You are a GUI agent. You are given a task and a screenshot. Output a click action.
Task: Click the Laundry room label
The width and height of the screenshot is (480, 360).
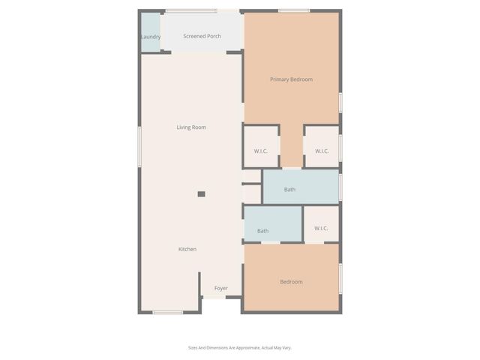click(151, 37)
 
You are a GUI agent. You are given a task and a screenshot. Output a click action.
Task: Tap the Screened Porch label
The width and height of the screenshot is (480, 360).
click(202, 36)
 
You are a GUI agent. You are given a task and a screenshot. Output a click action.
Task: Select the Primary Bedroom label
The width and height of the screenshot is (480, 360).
click(291, 79)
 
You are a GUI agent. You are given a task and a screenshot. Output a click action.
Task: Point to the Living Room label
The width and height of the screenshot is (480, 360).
click(191, 127)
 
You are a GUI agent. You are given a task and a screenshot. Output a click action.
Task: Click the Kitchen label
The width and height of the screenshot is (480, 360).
click(187, 249)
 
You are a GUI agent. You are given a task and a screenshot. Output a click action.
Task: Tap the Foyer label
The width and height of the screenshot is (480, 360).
click(221, 288)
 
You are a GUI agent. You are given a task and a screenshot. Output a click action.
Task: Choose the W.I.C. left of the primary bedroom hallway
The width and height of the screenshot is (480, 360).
click(261, 151)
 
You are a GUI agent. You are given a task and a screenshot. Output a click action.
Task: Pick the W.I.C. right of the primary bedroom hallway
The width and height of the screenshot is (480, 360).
click(322, 151)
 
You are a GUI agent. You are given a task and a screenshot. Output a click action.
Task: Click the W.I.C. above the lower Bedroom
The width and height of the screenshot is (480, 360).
click(321, 228)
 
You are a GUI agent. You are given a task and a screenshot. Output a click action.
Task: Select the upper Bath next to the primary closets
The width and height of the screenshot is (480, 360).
click(289, 190)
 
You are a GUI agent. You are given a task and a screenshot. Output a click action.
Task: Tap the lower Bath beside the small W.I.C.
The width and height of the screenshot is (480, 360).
click(263, 231)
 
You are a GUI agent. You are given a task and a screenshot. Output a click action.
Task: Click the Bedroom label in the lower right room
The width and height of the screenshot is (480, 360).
click(291, 282)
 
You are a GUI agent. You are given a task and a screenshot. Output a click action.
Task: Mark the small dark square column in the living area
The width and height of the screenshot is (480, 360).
click(201, 194)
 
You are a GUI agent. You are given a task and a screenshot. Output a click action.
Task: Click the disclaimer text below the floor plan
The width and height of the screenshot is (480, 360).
click(240, 347)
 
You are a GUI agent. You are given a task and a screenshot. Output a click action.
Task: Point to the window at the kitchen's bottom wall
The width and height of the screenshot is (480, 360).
click(168, 312)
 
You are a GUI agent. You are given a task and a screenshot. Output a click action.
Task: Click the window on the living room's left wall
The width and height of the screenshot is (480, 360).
click(139, 147)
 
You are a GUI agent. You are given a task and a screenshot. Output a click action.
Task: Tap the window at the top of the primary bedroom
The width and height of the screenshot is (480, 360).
click(294, 10)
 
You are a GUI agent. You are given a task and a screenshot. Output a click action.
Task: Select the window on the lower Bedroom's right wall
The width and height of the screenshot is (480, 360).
click(340, 277)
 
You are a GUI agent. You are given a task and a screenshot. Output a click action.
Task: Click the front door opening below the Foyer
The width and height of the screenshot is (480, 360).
click(214, 299)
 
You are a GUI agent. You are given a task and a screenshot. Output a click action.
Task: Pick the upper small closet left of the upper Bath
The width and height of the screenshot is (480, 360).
click(252, 176)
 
